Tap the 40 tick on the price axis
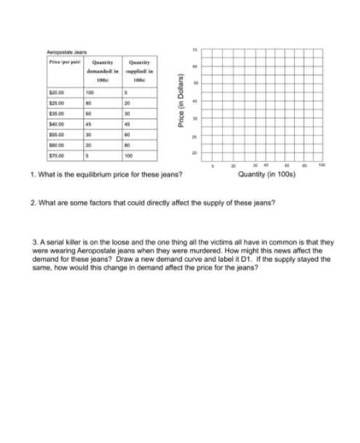pos(194,101)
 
